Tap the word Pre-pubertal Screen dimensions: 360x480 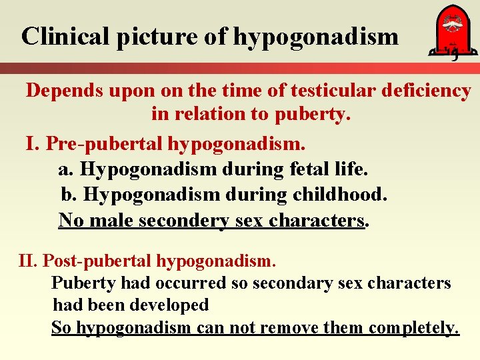click(x=104, y=143)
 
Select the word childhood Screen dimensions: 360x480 click(x=339, y=195)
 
